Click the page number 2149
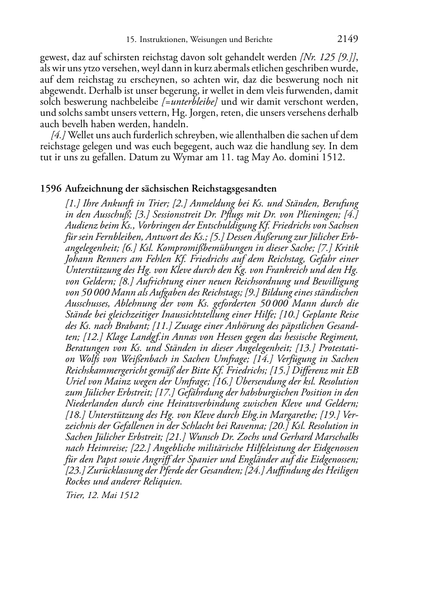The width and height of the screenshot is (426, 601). [348, 39]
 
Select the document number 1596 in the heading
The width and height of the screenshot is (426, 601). [51, 189]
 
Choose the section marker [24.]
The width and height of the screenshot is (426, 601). [255, 470]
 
